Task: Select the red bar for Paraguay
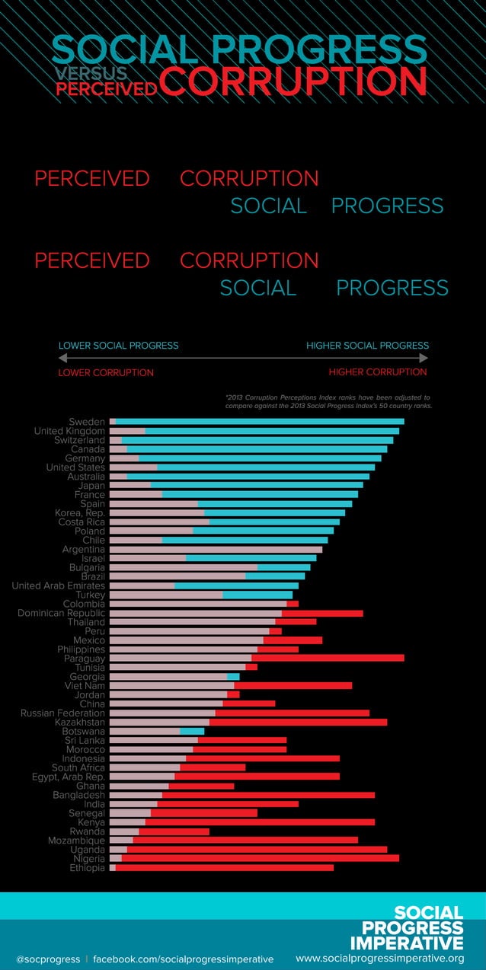point(328,658)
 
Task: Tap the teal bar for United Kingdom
point(272,431)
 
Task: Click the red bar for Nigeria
point(260,858)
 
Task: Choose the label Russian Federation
point(62,713)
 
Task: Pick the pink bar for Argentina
point(216,549)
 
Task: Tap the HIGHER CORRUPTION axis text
point(378,372)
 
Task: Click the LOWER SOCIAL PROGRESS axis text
point(118,346)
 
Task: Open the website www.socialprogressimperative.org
point(379,958)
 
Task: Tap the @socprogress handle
point(47,959)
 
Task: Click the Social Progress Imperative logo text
point(418,927)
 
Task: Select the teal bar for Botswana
point(192,731)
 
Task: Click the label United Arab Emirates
point(58,586)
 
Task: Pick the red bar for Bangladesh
point(268,795)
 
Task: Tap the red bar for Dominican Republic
point(322,613)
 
